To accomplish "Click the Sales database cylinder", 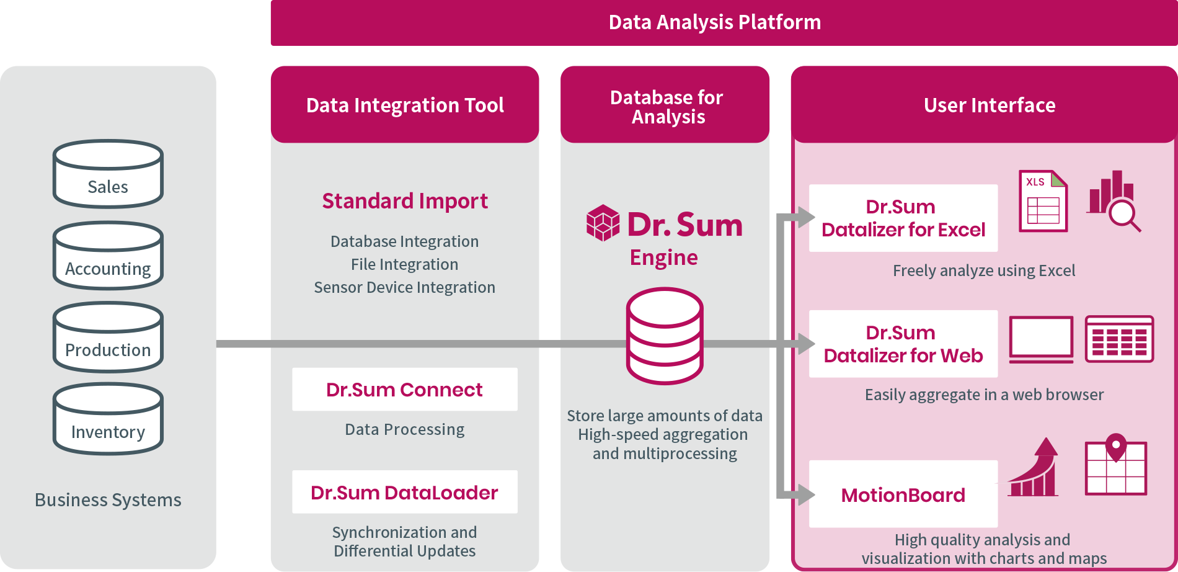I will tap(108, 174).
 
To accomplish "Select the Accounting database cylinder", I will tap(108, 256).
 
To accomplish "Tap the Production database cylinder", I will tap(108, 337).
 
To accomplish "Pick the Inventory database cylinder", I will tap(108, 419).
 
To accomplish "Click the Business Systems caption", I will tap(108, 500).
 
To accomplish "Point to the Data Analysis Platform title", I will tap(715, 23).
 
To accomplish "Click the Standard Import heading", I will tap(405, 201).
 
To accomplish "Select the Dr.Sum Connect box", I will tap(405, 390).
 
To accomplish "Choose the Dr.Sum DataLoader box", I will tap(405, 493).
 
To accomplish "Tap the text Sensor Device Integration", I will tap(405, 287).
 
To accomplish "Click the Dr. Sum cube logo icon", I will tap(603, 223).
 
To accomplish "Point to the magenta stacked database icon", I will tap(665, 336).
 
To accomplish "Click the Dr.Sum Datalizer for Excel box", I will tap(903, 218).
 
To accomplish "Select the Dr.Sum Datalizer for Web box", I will tap(903, 344).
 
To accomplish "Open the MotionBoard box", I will tap(903, 494).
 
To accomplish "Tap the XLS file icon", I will tap(1043, 202).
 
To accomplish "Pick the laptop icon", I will tap(1041, 339).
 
